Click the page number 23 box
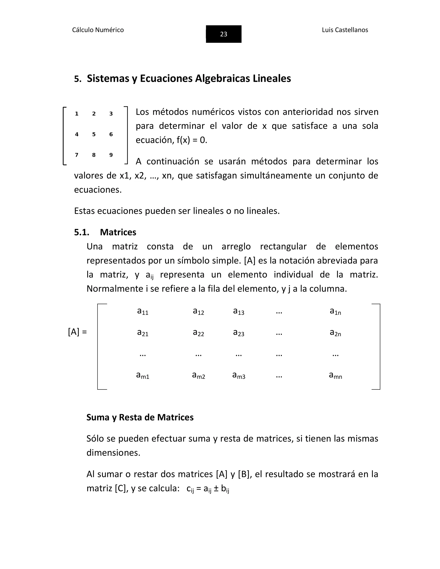pos(223,34)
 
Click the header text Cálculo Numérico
pos(98,30)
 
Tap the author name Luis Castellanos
pos(345,30)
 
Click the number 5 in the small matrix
pos(94,134)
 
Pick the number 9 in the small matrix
pos(111,155)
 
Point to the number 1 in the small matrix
pos(77,114)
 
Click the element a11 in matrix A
pos(143,311)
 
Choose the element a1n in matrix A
pos(335,311)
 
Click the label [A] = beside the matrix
pos(77,332)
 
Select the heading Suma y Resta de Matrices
pos(140,417)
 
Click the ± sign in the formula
pos(216,488)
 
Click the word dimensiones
pos(113,453)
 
